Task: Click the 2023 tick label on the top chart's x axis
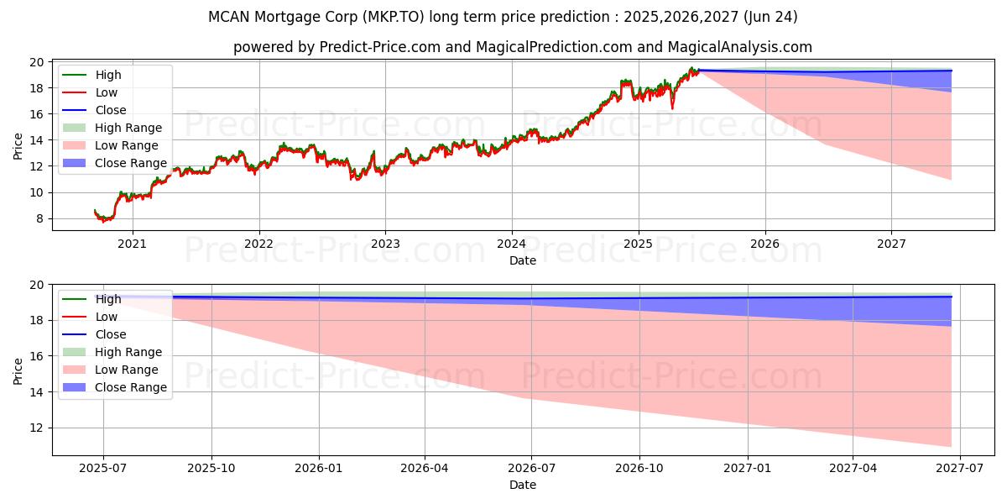tap(385, 244)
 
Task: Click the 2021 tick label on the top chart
tap(132, 244)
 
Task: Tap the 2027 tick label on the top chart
tap(891, 244)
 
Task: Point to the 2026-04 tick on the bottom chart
tap(425, 468)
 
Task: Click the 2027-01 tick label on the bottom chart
tap(747, 468)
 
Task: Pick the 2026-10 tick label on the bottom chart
tap(639, 468)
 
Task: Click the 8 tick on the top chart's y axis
tap(38, 218)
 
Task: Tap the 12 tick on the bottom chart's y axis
tap(38, 428)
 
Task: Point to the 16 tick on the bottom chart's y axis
tap(38, 356)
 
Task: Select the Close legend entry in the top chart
tap(111, 110)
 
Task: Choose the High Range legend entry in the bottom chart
tap(128, 352)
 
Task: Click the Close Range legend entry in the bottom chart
tap(131, 387)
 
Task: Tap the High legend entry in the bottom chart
tap(108, 299)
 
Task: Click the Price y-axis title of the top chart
tap(18, 145)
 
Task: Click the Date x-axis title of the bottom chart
tap(523, 485)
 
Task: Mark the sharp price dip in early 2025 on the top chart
tap(672, 107)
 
